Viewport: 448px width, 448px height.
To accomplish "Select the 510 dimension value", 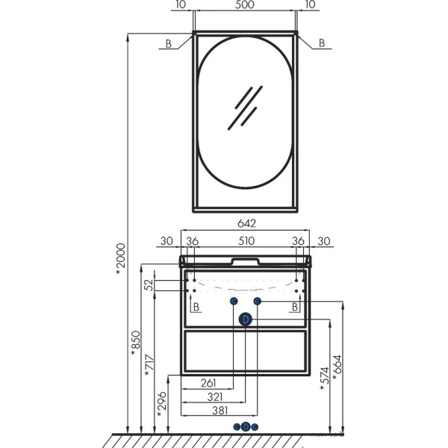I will (x=246, y=240).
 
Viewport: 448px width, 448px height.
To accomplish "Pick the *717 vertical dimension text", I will (x=149, y=366).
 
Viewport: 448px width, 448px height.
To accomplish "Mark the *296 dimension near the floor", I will (x=161, y=403).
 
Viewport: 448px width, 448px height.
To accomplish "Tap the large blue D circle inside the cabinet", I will (x=246, y=319).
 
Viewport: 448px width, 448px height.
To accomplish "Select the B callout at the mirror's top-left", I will (x=169, y=44).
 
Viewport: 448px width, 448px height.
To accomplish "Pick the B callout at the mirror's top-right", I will (x=322, y=44).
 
